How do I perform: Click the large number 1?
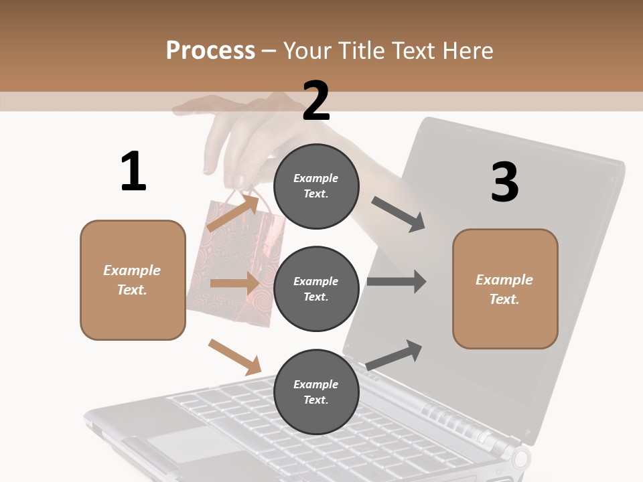coord(133,172)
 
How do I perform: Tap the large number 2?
coord(316,101)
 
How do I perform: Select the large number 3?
coord(504,183)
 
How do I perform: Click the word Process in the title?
coord(210,50)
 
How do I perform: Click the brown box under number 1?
coord(133,280)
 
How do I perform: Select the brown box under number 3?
coord(505,289)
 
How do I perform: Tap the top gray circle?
coord(316,186)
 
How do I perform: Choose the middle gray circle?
coord(316,289)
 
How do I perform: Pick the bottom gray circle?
coord(316,392)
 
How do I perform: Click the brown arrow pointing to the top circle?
coord(233,212)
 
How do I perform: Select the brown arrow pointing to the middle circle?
coord(234,283)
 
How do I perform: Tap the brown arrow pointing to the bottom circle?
coord(234,357)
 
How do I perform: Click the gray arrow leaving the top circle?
coord(399,214)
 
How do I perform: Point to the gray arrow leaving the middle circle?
coord(397,282)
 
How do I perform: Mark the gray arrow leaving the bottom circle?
coord(395,355)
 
